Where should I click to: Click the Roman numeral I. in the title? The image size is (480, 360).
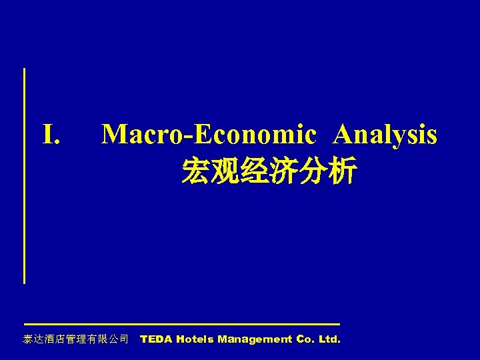52,135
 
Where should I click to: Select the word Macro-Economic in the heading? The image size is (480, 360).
208,135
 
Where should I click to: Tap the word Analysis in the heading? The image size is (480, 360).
385,135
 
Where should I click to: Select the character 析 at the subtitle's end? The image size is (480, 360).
341,171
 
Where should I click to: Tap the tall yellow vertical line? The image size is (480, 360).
25,175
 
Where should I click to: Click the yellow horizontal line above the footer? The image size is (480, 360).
181,324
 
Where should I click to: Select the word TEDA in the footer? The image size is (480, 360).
156,339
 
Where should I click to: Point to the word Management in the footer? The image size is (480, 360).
255,339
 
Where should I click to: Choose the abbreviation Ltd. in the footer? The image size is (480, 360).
329,339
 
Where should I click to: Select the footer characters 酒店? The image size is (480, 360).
54,339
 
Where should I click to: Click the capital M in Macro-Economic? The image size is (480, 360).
113,135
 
